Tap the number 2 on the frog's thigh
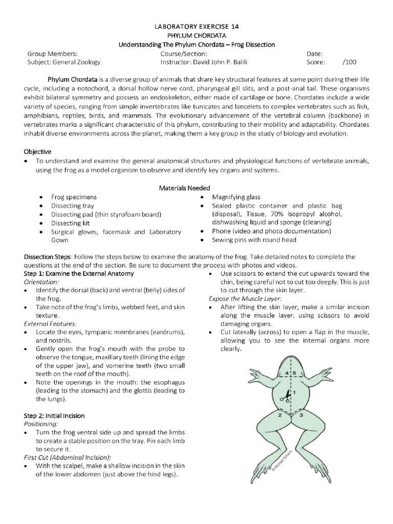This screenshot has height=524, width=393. click(x=280, y=415)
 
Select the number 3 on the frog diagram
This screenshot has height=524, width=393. click(x=302, y=416)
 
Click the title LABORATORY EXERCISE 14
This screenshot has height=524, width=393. click(x=196, y=26)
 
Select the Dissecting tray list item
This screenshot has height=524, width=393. click(x=73, y=206)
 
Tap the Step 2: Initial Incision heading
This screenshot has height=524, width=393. click(x=55, y=416)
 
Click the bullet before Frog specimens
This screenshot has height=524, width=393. click(x=41, y=197)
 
